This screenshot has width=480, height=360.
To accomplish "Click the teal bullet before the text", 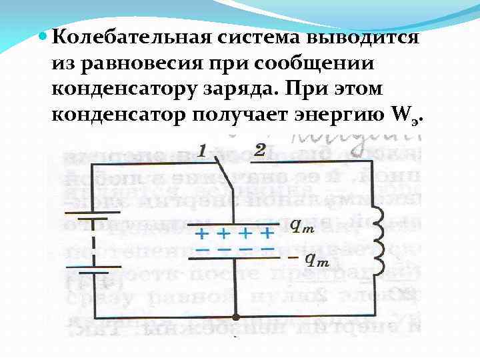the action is tap(43, 36).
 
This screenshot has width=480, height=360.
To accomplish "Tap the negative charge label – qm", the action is tap(310, 259).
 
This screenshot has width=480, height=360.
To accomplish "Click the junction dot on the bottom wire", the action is tap(235, 318).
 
